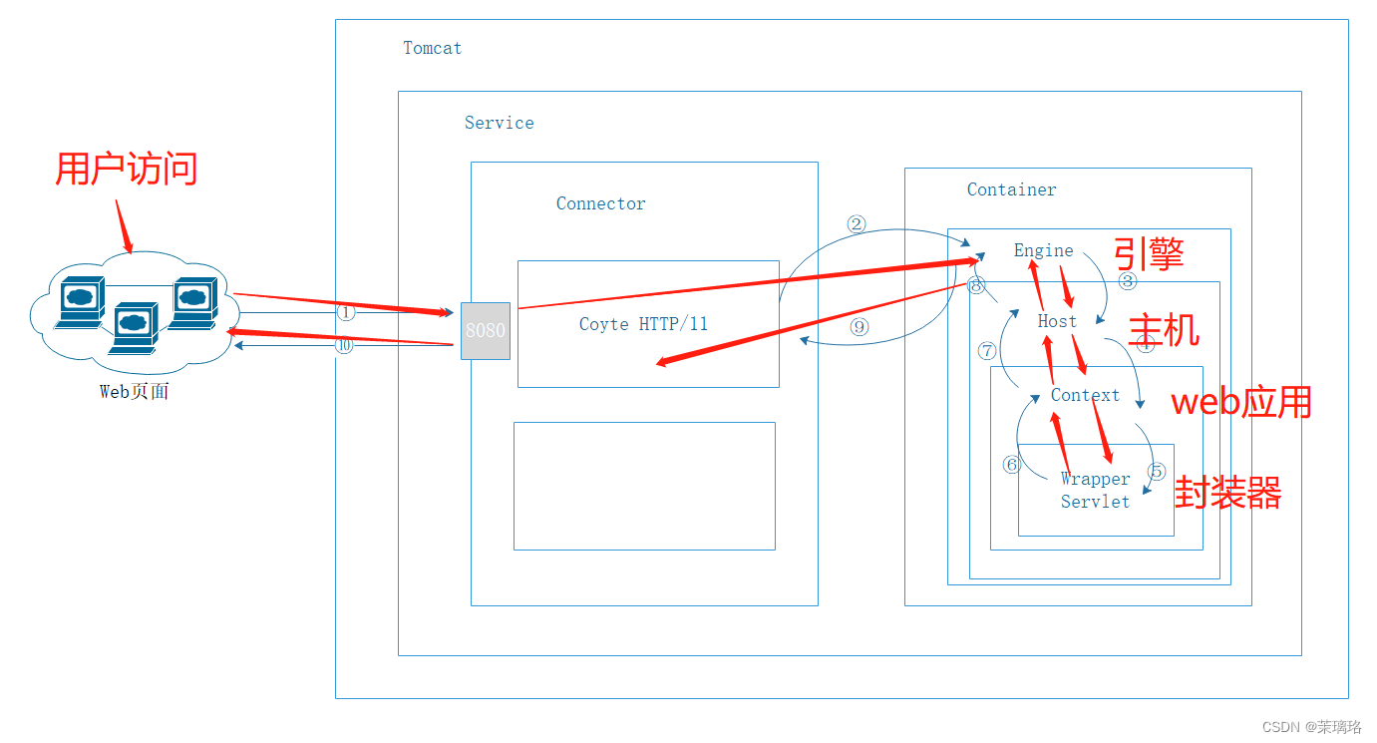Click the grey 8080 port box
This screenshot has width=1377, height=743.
486,330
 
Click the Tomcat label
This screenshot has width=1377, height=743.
432,48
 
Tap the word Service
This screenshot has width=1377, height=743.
499,123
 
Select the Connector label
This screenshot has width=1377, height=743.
600,203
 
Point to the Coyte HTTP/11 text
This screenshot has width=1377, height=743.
643,324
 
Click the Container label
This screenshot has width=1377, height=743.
1011,189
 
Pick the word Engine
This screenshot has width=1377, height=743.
1043,250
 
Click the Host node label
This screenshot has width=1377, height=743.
1057,321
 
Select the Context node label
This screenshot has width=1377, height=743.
1085,395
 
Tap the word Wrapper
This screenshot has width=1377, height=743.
1095,479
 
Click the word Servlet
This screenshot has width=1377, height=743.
1095,502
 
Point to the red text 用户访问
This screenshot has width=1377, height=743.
127,169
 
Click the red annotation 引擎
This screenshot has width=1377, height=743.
1149,253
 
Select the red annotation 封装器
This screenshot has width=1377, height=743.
1227,493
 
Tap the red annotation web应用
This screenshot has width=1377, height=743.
1241,402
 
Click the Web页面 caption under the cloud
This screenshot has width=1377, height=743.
135,392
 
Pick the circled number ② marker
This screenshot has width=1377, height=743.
857,224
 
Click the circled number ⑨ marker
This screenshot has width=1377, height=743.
860,326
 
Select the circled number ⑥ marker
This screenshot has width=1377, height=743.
1012,465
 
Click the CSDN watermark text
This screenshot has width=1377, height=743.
1311,727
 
